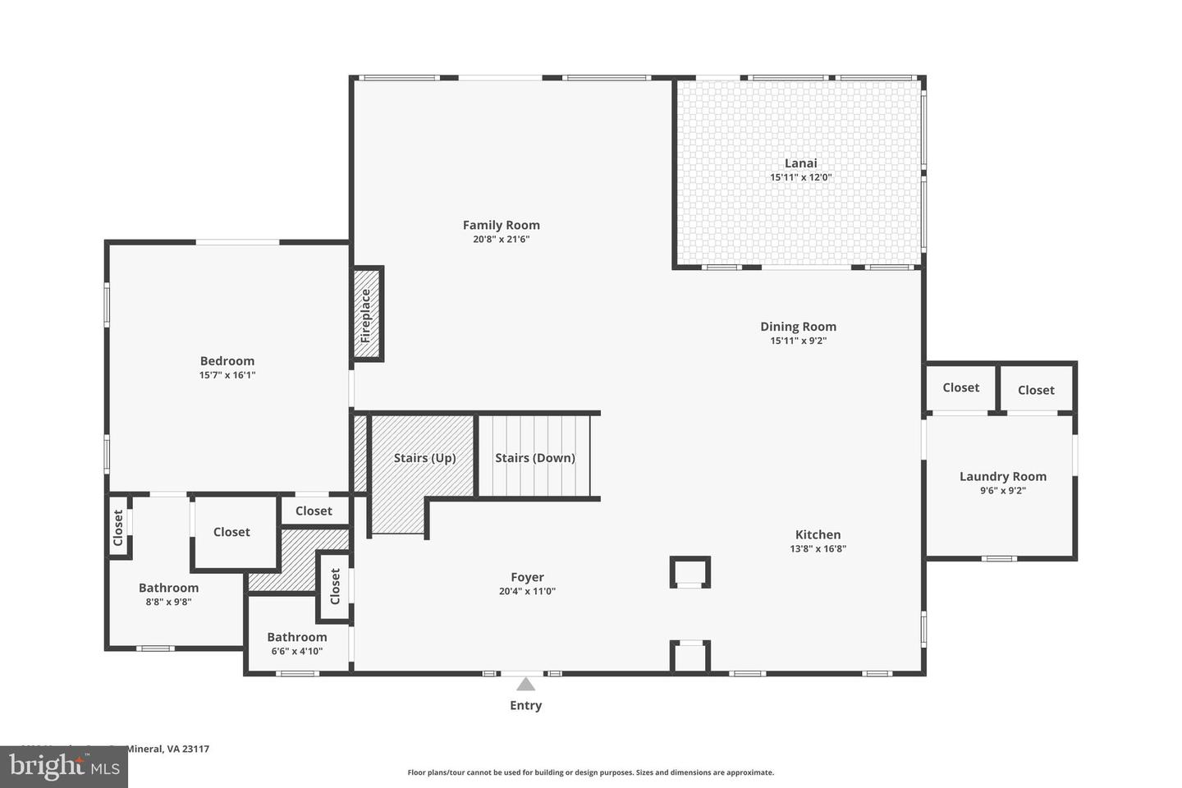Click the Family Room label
[x=501, y=225]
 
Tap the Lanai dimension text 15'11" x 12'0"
[x=800, y=177]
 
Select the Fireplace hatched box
[x=367, y=314]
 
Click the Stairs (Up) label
[x=424, y=458]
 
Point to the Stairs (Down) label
[x=534, y=458]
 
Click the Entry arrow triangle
[x=525, y=685]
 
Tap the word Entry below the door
[x=525, y=705]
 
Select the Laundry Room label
[x=1002, y=476]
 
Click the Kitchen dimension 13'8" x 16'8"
[x=818, y=549]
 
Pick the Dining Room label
[x=798, y=327]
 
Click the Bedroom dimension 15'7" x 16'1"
[x=227, y=375]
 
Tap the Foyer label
[x=527, y=577]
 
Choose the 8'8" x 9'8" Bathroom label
[x=168, y=588]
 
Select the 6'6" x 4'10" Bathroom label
[x=296, y=637]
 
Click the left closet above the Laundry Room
[x=960, y=387]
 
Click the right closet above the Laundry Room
[x=1036, y=390]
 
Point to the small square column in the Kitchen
[x=689, y=571]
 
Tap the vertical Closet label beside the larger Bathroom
[x=118, y=528]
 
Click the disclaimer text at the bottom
[x=590, y=772]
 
